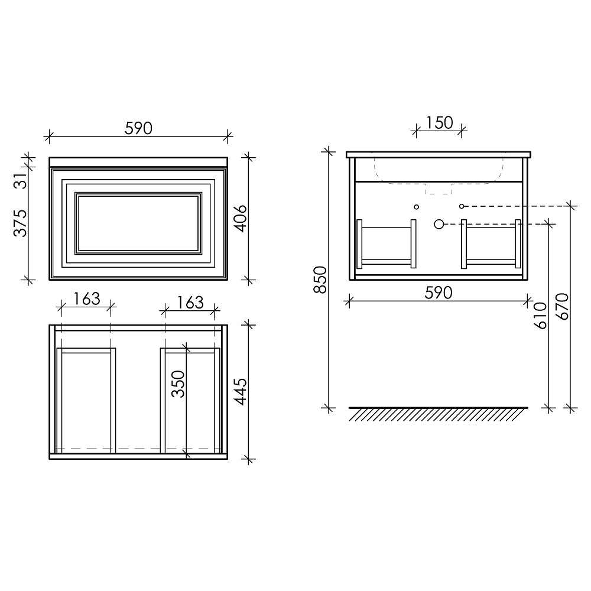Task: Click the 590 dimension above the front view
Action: (x=138, y=128)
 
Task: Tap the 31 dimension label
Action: (x=22, y=180)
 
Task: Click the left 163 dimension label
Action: (x=87, y=299)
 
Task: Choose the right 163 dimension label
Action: (x=190, y=302)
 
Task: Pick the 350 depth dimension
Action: (x=178, y=384)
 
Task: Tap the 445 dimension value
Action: (x=240, y=392)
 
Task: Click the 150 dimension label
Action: (x=439, y=123)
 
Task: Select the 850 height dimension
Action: (x=320, y=280)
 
